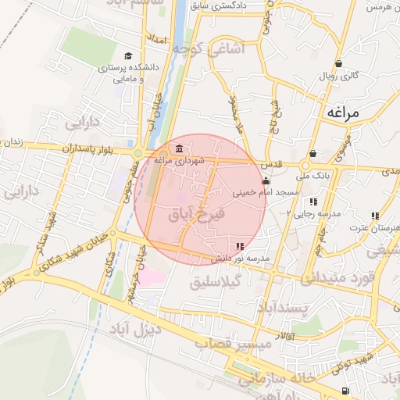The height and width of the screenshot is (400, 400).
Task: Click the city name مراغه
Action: [x=343, y=113]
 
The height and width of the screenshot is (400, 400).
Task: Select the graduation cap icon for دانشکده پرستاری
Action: [x=127, y=56]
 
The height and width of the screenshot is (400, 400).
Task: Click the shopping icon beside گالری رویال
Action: [x=338, y=64]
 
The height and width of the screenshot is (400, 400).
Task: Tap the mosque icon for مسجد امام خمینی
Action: [x=266, y=181]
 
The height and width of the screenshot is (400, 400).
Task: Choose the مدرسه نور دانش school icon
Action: [x=239, y=247]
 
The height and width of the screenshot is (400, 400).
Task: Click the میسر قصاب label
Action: [x=244, y=344]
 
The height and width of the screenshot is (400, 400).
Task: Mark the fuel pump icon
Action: [x=345, y=390]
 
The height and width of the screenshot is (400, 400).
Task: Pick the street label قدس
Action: [x=272, y=165]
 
